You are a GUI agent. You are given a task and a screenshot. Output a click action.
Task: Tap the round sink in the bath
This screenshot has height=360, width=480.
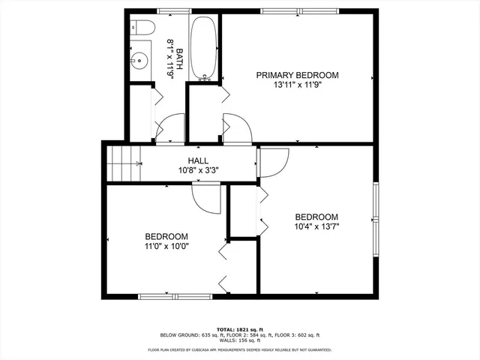139,60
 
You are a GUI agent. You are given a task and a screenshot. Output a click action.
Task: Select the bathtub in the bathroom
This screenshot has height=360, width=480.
202,49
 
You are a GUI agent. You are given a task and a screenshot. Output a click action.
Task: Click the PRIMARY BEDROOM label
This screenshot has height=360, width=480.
297,75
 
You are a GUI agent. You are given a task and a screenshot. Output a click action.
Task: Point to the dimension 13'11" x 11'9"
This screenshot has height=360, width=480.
297,85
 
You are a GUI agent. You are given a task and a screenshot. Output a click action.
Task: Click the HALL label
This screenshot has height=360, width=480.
198,160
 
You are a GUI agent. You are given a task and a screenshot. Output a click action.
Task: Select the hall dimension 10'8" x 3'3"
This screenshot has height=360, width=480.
198,170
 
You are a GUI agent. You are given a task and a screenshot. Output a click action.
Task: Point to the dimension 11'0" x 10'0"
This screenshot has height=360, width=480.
166,245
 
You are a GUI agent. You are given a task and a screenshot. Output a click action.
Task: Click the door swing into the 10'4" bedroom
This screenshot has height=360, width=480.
274,162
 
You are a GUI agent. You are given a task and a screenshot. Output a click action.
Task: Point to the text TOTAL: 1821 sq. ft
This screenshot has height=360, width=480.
241,329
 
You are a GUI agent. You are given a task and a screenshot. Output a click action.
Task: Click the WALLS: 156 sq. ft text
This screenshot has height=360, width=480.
241,341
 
